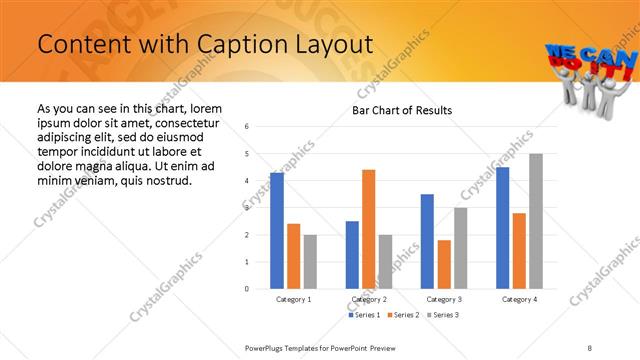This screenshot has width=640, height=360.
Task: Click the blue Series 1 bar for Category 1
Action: [x=277, y=231]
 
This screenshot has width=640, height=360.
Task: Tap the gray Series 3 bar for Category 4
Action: [x=536, y=221]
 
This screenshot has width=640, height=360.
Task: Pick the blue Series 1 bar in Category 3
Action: [x=427, y=241]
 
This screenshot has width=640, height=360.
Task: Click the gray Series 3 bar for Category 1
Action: [x=310, y=262]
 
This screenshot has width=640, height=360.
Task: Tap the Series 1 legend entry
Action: [x=363, y=315]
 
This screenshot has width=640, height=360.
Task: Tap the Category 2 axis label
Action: [x=370, y=299]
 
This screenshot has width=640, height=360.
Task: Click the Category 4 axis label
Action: [x=519, y=299]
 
